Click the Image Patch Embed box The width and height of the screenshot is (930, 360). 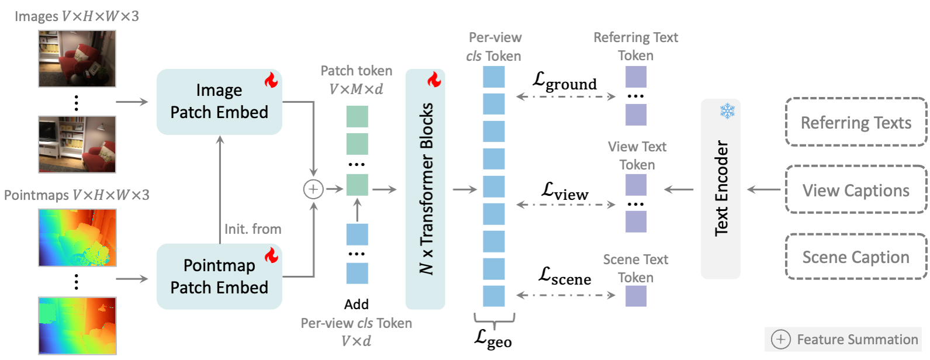pos(219,102)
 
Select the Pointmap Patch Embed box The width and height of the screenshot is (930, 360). pos(219,276)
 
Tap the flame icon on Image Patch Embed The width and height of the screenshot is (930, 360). pos(271,80)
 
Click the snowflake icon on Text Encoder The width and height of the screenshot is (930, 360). pos(727,110)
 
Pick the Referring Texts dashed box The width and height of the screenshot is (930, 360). pos(856,122)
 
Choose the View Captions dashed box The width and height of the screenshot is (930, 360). pos(856,190)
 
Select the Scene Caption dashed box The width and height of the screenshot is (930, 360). pos(856,257)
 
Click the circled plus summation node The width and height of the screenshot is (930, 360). pos(313,189)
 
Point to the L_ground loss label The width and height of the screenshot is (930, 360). pos(565,81)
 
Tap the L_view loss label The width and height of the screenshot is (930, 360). pos(565,191)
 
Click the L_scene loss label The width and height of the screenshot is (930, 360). pos(565,276)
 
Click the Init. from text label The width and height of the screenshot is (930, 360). pos(253,229)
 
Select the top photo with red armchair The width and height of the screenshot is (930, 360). pos(77,58)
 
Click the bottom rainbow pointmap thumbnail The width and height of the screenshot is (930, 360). pos(77,326)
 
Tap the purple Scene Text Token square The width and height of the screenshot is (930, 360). pos(635,296)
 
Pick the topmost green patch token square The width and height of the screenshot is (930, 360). pos(357,116)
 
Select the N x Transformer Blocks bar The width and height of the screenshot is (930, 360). pos(426,189)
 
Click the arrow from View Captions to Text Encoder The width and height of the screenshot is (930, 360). pos(763,189)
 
